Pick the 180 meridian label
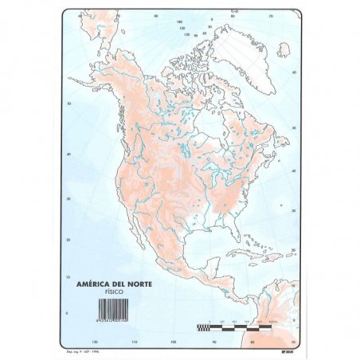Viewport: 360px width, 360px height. click(180, 23)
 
